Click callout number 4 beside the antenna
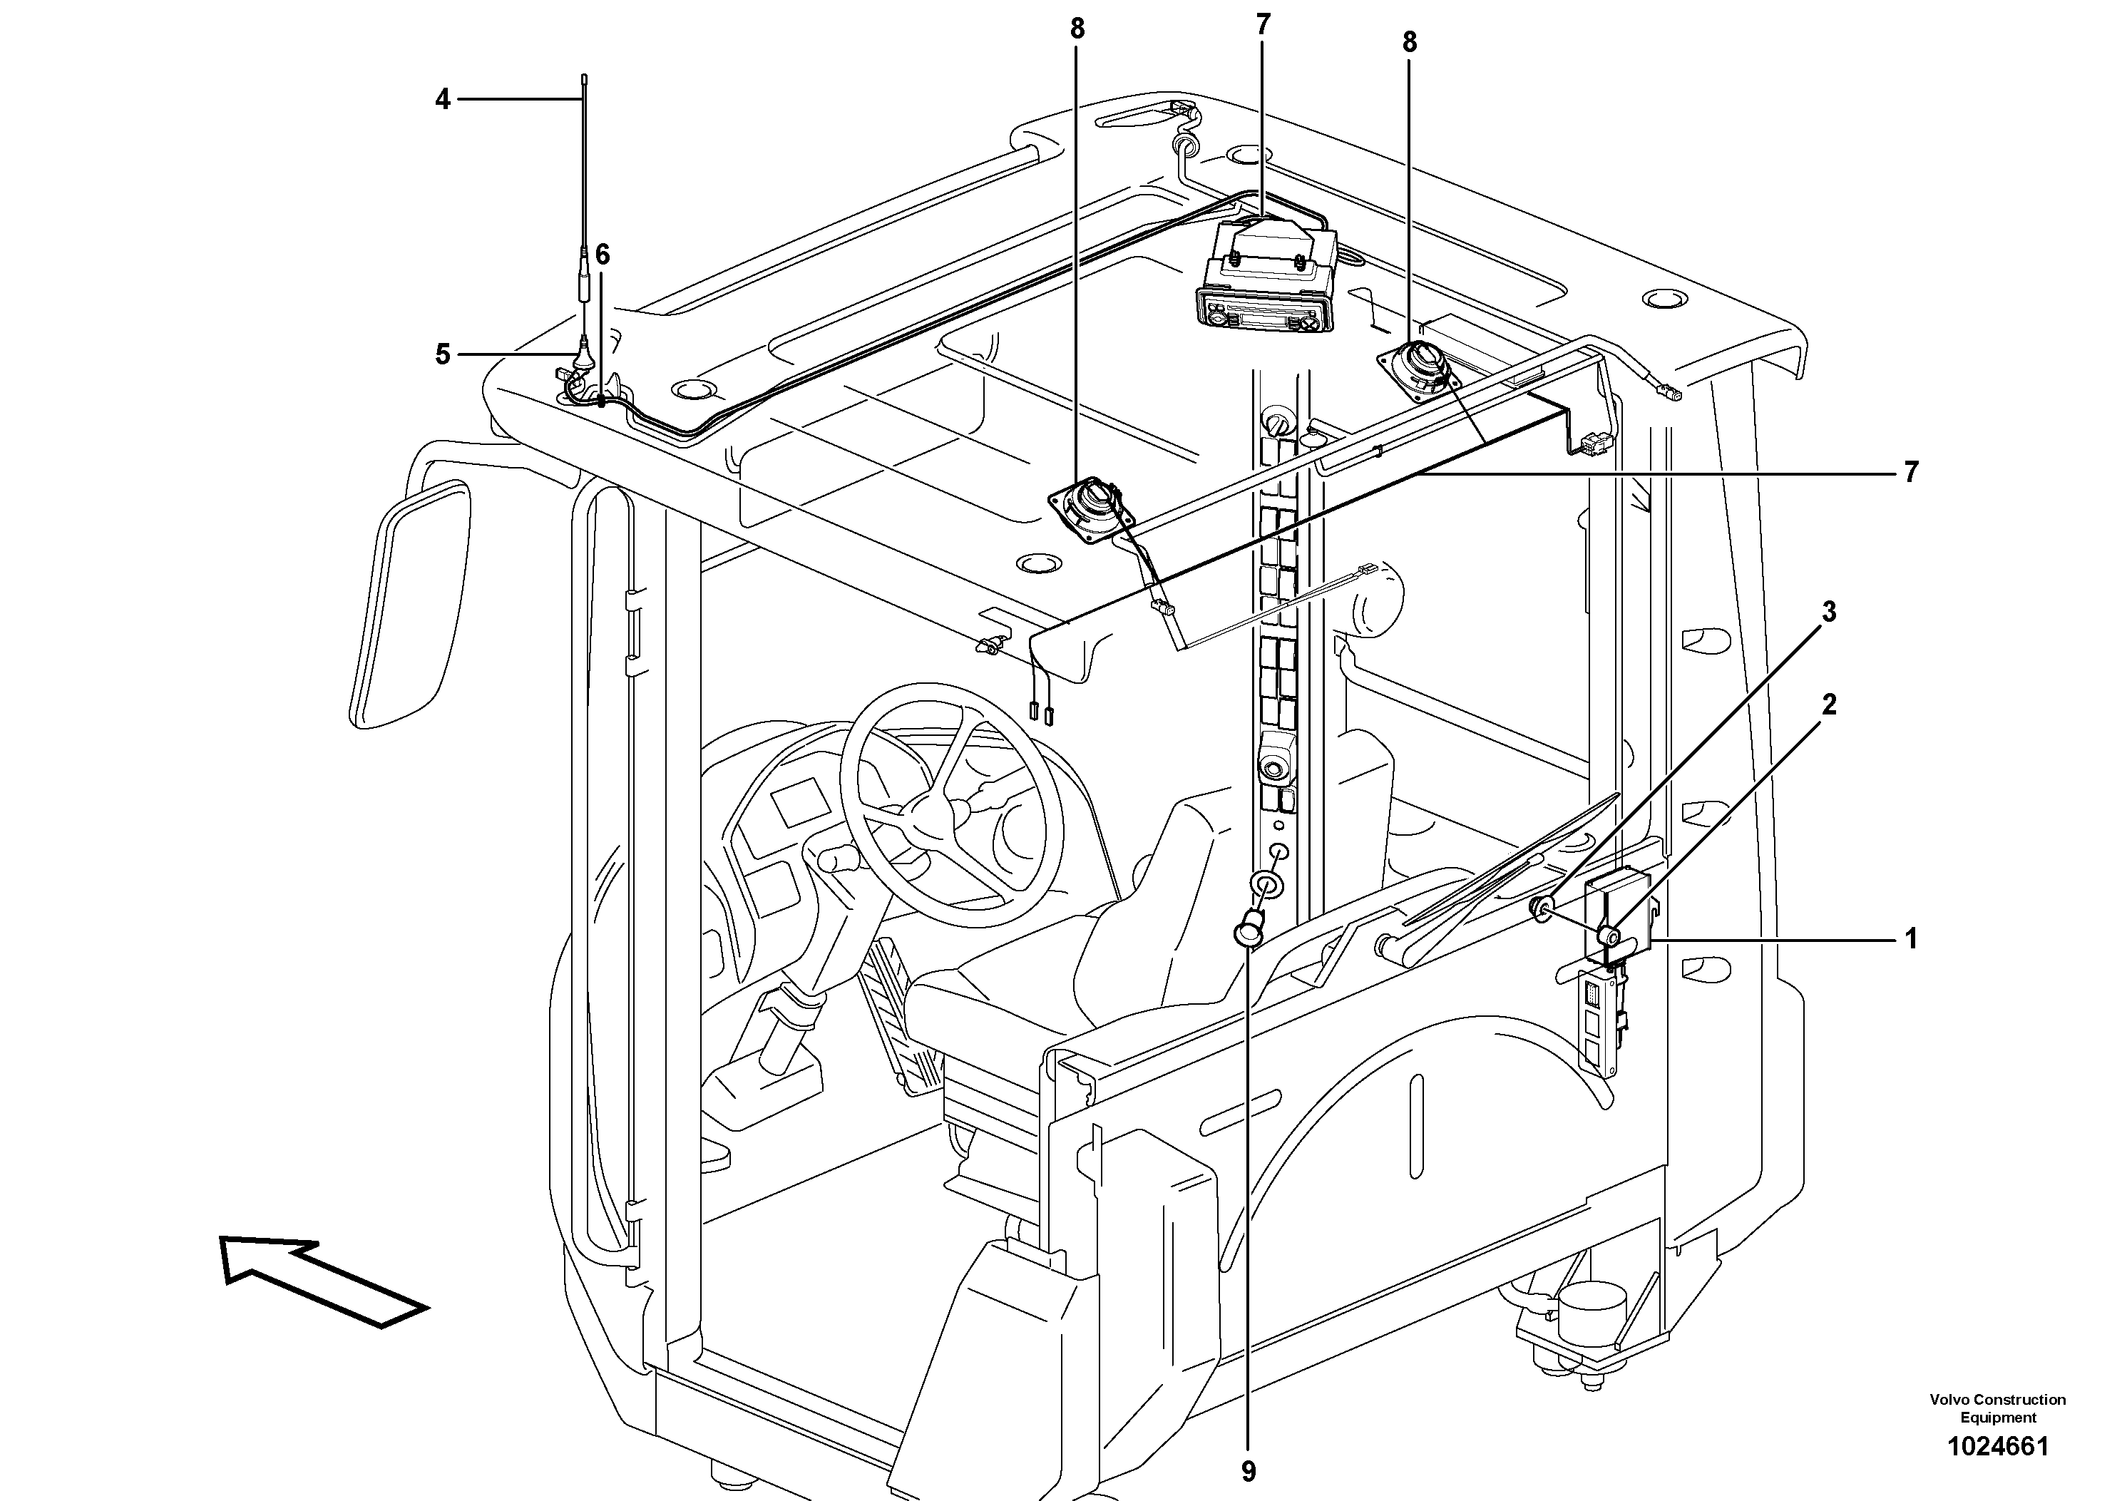pyautogui.click(x=443, y=99)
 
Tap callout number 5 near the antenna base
pyautogui.click(x=443, y=354)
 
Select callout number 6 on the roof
pyautogui.click(x=603, y=254)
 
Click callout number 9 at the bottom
pyautogui.click(x=1249, y=1470)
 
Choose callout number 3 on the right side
pyautogui.click(x=1828, y=612)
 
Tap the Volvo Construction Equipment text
pyautogui.click(x=1997, y=1408)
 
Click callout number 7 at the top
pyautogui.click(x=1263, y=25)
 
